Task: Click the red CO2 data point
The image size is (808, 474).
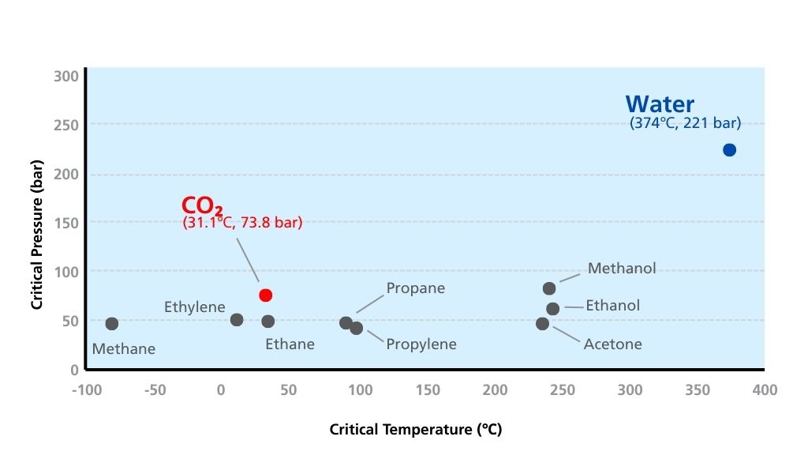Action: [x=265, y=295]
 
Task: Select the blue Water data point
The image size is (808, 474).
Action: [x=729, y=150]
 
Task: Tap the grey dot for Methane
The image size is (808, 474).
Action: [x=112, y=324]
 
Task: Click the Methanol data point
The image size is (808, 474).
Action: [x=549, y=288]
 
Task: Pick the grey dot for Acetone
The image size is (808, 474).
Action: [x=542, y=324]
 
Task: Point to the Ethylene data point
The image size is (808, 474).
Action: [x=237, y=320]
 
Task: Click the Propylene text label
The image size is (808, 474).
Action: [x=421, y=344]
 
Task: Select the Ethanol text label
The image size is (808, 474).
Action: [x=613, y=306]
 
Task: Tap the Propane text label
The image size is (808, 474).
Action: [x=416, y=288]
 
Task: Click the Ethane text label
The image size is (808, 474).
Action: [x=290, y=344]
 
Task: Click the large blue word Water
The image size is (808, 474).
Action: [x=660, y=104]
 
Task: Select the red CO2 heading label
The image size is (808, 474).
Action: [x=201, y=207]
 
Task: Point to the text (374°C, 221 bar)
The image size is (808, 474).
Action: [x=685, y=123]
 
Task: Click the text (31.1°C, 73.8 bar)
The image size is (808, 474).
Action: [x=242, y=224]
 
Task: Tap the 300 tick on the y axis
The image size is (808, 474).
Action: [x=66, y=77]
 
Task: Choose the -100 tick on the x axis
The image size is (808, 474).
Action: [x=86, y=390]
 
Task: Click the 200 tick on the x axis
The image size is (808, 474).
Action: [x=496, y=390]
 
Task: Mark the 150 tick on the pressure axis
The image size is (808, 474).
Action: [x=66, y=224]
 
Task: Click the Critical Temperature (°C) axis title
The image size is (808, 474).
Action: [x=416, y=430]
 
